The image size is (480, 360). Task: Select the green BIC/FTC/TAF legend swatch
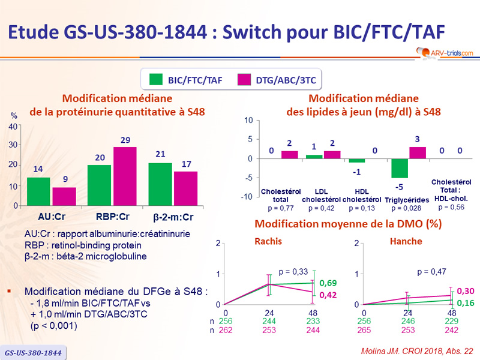point(155,79)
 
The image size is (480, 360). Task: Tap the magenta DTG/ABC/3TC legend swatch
point(250,79)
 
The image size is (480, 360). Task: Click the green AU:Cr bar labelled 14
point(38,191)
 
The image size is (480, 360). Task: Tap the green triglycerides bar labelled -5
point(398,168)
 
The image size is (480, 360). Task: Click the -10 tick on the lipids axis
point(246,197)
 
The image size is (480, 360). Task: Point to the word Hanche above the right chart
point(406,241)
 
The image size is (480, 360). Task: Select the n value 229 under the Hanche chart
point(451,321)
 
